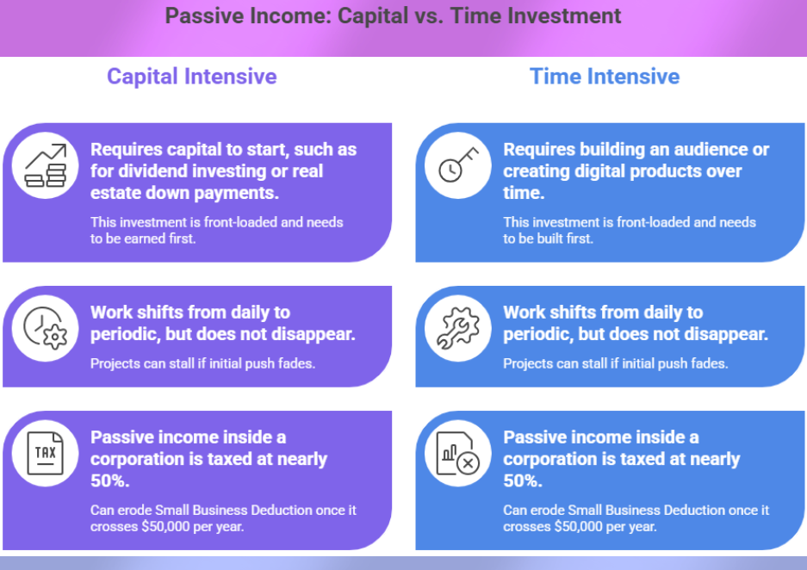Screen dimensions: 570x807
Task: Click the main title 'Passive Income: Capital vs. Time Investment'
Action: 393,15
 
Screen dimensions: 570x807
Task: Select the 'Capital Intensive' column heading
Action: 191,77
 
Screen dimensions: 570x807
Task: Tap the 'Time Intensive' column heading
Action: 605,77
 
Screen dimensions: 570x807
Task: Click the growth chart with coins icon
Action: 45,165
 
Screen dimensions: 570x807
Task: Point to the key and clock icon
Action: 457,165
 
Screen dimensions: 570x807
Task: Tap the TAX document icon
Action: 45,453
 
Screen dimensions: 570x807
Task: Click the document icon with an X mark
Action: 457,453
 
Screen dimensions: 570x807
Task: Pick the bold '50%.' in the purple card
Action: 110,480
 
